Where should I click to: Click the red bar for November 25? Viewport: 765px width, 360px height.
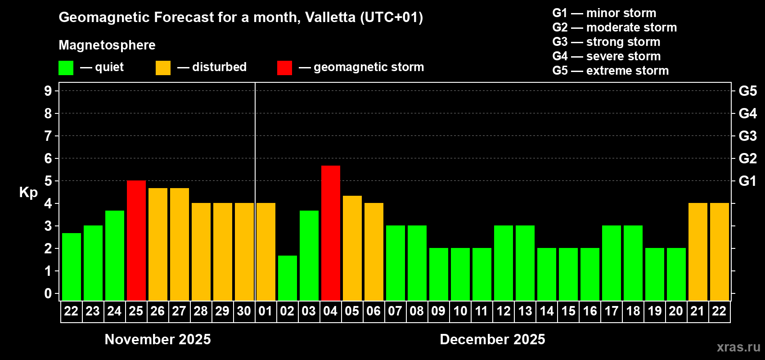point(136,240)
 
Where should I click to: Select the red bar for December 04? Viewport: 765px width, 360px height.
point(331,233)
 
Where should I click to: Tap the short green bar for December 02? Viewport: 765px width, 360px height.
point(288,278)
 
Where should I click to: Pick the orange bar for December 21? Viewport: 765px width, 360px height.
point(698,252)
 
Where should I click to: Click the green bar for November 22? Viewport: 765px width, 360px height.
point(72,267)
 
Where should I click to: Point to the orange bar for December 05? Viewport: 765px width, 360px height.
point(352,248)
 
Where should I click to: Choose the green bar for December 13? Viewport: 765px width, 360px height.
point(525,263)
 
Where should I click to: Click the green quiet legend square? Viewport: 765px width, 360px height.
point(66,68)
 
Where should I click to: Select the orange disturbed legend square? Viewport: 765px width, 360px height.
point(163,68)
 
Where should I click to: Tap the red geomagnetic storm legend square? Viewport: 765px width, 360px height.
point(284,68)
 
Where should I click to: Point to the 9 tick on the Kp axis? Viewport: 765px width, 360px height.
point(48,91)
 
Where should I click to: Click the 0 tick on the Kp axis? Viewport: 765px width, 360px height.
point(48,293)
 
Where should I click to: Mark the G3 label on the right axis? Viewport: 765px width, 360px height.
point(747,136)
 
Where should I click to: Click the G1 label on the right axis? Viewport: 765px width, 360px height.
point(747,181)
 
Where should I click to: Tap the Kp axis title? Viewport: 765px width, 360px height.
point(28,192)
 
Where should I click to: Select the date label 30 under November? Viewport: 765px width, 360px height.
point(244,311)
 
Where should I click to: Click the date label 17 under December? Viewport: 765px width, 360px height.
point(611,311)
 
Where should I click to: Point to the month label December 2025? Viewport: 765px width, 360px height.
point(492,339)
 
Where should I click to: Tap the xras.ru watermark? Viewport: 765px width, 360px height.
point(738,346)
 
